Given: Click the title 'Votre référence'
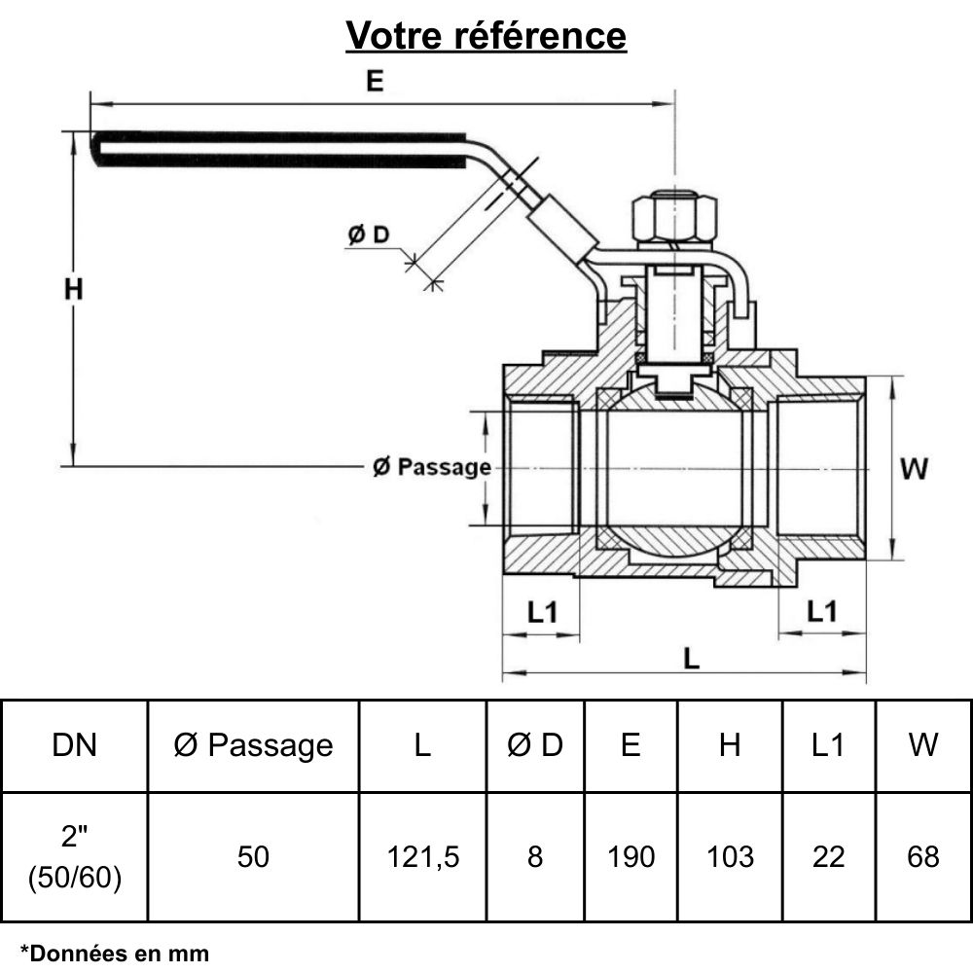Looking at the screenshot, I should coord(486,36).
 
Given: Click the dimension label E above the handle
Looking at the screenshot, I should coord(375,82).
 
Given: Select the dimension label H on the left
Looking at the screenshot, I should coord(74,289).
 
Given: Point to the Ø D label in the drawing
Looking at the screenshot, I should coord(369,234).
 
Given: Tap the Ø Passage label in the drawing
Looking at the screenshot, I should coord(432,468).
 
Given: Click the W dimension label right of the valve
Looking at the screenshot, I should coord(914,469).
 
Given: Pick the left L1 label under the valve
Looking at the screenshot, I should coord(542,612).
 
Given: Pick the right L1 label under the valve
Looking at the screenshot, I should coord(822,611).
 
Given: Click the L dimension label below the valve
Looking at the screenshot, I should coord(691,658).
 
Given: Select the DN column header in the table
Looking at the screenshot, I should coord(74,745).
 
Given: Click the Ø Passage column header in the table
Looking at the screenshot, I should coord(253,745).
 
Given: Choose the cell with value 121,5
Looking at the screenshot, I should coord(422,856).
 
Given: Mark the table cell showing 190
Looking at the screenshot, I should coord(631,856).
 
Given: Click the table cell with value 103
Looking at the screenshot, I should coord(730,856).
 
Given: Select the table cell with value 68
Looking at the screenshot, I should coord(922,856).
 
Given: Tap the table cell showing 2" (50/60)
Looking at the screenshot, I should coord(74,856).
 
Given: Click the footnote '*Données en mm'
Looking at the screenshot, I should coord(115,953).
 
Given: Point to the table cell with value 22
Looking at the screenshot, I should coord(827,856).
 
